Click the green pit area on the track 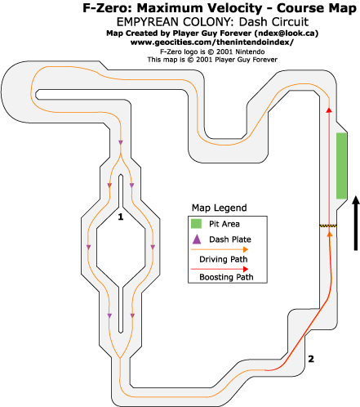click(341, 166)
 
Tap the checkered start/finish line click(328, 226)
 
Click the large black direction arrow click(355, 223)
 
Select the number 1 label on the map click(121, 217)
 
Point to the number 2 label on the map click(311, 359)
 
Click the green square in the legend click(196, 224)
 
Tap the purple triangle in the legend click(197, 239)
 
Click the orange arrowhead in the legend click(246, 249)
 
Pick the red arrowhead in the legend click(246, 269)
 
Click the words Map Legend click(220, 208)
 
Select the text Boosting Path click(226, 277)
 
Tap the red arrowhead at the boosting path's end click(329, 110)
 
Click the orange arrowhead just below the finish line click(330, 234)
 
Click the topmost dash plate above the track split click(121, 142)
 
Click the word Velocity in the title click(232, 8)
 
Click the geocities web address click(212, 42)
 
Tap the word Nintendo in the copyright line click(250, 51)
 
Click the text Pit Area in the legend click(224, 224)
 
